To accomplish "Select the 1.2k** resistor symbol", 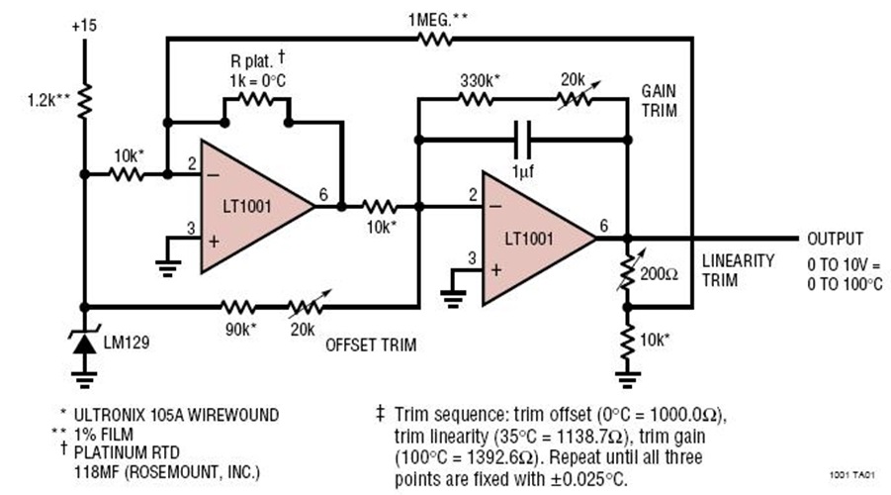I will pos(85,99).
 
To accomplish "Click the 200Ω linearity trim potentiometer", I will pos(627,273).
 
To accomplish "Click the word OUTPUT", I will pos(836,239).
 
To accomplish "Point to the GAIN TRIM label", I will pos(658,101).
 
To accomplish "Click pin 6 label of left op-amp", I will pos(319,197).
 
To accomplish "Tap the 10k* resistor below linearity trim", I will pos(627,340).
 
